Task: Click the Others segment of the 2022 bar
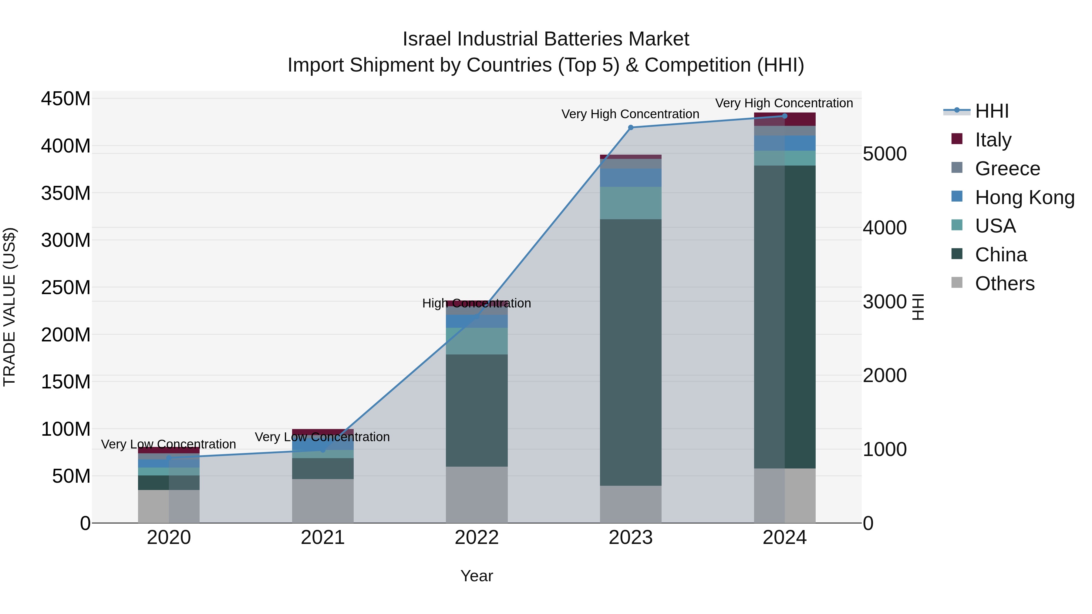coord(477,495)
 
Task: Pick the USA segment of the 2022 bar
coord(477,341)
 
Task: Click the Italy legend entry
coord(993,140)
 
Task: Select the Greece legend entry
coord(1007,169)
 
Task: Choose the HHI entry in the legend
coord(992,111)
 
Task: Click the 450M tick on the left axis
coord(66,99)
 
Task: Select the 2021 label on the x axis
coord(323,538)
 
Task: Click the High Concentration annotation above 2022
coord(477,304)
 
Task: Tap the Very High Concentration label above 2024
coord(784,103)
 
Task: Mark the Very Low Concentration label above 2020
coord(168,444)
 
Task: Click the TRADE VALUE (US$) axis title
coord(9,307)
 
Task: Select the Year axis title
coord(477,576)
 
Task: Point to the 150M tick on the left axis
coord(66,382)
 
